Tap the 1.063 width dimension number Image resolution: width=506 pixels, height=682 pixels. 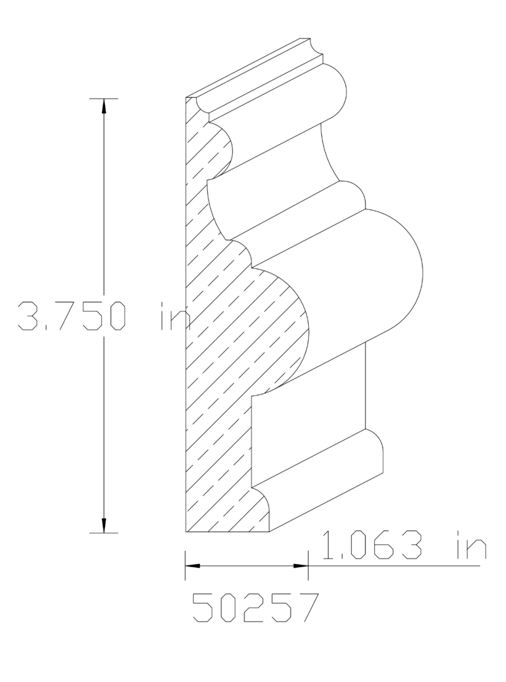coord(373,546)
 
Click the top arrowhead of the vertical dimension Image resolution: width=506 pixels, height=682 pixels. coord(103,106)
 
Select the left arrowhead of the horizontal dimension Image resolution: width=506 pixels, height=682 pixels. coord(193,566)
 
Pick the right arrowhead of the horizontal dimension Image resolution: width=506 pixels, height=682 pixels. coord(300,566)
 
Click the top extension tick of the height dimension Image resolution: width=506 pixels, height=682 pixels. coord(103,98)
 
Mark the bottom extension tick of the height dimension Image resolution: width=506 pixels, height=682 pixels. coord(103,533)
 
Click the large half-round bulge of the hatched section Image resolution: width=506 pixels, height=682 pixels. coord(287,324)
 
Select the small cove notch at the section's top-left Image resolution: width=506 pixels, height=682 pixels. coord(202,106)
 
